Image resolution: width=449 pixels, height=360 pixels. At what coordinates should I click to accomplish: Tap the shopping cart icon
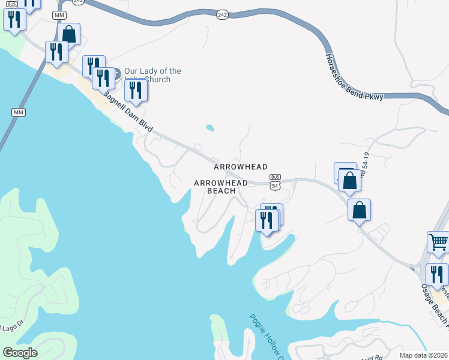[x=438, y=242]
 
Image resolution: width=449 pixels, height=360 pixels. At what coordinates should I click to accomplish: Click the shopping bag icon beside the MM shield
[x=69, y=34]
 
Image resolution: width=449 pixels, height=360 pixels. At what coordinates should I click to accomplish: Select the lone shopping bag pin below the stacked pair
[x=359, y=210]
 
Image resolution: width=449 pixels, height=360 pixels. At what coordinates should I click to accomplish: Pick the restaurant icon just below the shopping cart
[x=437, y=274]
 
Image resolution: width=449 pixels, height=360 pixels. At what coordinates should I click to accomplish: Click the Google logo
[x=20, y=353]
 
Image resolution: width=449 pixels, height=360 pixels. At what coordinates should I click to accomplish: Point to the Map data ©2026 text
[x=424, y=355]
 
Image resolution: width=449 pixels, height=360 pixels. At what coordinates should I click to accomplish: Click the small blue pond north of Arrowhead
[x=209, y=127]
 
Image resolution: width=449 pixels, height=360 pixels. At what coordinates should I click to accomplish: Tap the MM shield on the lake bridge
[x=18, y=112]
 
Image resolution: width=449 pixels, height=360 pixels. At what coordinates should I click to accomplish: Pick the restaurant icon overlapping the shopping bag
[x=56, y=52]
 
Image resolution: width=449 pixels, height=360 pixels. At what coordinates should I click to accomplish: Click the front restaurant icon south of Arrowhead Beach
[x=266, y=220]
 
